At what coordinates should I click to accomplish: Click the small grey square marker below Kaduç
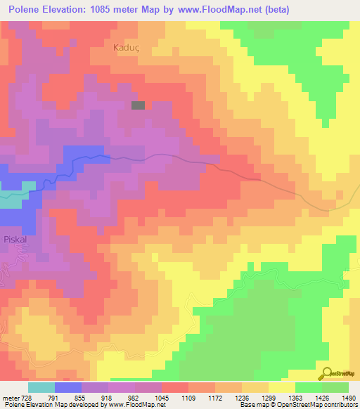[139, 105]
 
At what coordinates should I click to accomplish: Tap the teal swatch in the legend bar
[41, 387]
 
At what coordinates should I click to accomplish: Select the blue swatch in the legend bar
[68, 387]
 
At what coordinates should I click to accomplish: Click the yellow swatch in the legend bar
[282, 387]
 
